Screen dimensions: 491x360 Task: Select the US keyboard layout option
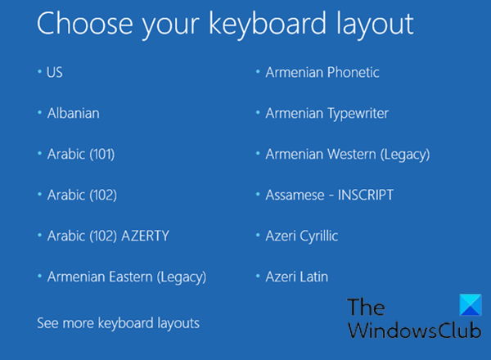coord(55,72)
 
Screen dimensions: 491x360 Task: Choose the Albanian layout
coord(74,113)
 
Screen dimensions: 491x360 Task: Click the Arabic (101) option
coord(81,154)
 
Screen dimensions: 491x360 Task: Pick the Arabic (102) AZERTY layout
coord(108,236)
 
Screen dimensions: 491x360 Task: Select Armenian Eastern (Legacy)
coord(127,277)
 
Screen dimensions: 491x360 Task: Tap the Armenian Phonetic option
coord(322,72)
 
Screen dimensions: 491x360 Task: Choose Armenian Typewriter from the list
coord(327,114)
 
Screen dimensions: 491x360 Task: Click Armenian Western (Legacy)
coord(348,155)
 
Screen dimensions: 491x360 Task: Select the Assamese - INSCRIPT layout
coord(330,195)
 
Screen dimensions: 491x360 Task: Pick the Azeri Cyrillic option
coord(302,236)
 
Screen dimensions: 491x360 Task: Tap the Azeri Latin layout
coord(297,277)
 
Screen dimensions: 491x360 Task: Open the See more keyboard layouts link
coord(118,323)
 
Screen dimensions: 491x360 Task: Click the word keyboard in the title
coord(268,24)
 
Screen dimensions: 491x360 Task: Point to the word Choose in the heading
coord(85,23)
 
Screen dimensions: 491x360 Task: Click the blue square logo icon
coord(471,304)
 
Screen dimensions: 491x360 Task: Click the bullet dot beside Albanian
coord(39,112)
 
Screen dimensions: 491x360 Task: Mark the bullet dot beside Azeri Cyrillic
coord(258,235)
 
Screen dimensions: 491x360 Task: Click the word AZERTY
coord(146,236)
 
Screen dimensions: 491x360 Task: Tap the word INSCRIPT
coord(366,195)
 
